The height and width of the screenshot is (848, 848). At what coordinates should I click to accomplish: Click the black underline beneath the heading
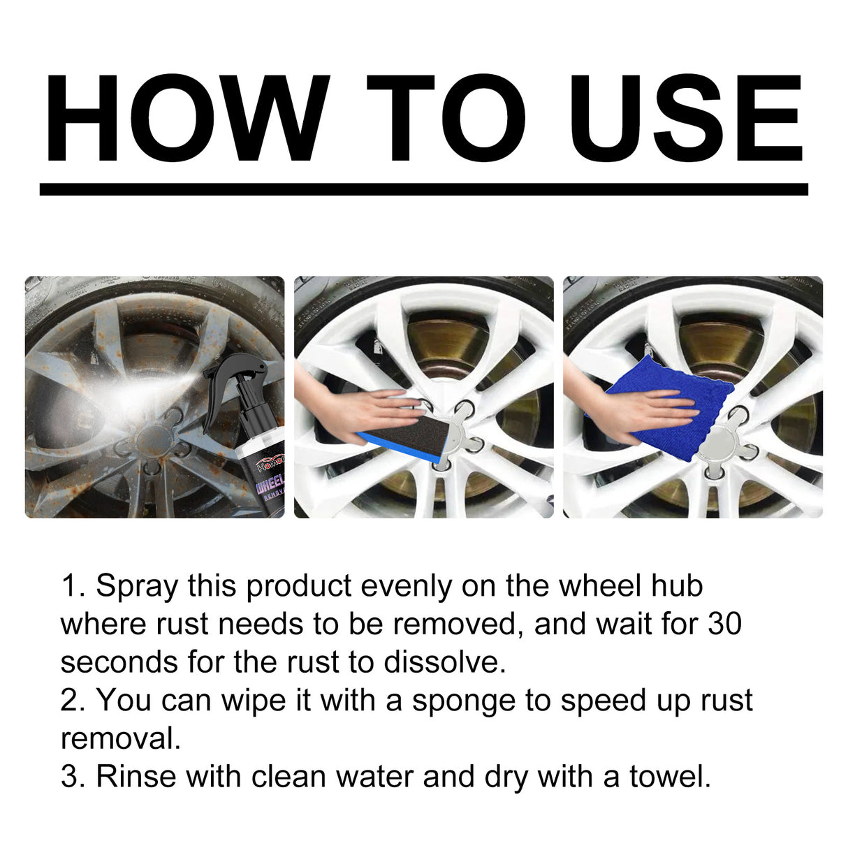(x=423, y=189)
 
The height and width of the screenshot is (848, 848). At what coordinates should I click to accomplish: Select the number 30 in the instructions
(x=724, y=624)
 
